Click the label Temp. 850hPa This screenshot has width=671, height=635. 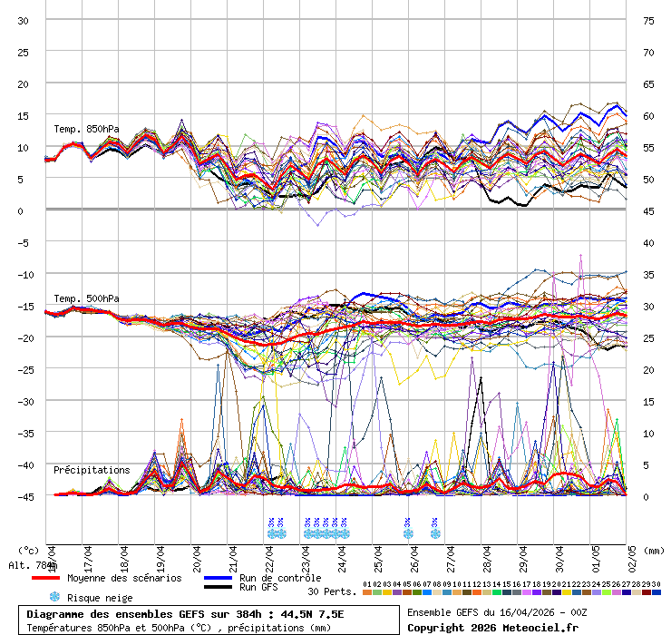click(x=86, y=129)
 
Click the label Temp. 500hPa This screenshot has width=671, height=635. click(x=86, y=298)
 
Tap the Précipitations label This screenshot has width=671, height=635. click(x=92, y=470)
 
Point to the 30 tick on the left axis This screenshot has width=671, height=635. click(x=24, y=20)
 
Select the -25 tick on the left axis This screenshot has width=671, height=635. click(x=24, y=369)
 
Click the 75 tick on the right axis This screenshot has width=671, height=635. click(x=648, y=20)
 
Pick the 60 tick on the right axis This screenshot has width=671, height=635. click(x=648, y=115)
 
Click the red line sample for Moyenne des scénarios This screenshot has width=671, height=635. click(x=45, y=578)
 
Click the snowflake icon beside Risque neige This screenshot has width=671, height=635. click(x=53, y=597)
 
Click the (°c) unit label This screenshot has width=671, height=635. click(x=27, y=550)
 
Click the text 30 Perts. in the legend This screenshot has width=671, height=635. click(x=332, y=591)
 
